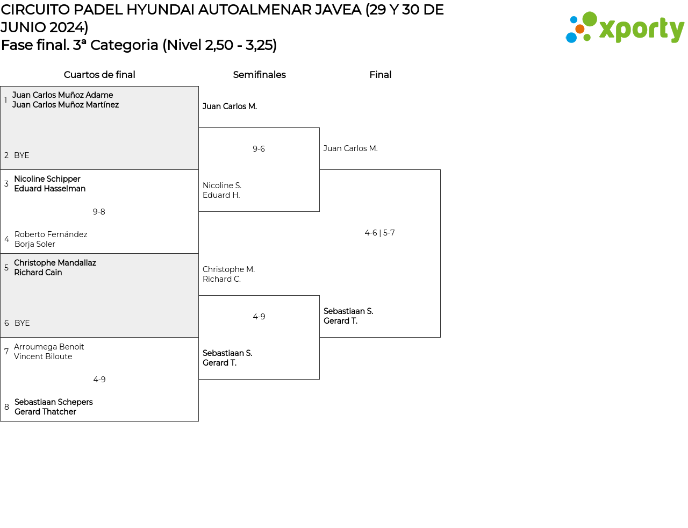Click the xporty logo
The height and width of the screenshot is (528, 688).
tap(625, 27)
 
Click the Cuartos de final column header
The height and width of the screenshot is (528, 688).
tap(99, 75)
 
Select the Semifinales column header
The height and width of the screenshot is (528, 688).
tap(259, 75)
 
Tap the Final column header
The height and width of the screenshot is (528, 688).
tap(380, 75)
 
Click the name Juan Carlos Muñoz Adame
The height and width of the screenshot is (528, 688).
tap(62, 95)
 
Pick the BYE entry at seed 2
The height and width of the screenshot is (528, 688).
tap(21, 155)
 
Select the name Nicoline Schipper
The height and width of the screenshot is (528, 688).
tap(47, 179)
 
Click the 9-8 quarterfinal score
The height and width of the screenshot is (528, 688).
tap(99, 212)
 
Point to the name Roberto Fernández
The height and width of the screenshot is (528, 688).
tap(51, 234)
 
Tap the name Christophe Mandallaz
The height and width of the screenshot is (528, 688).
tap(55, 263)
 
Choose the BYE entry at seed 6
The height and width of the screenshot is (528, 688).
tap(22, 323)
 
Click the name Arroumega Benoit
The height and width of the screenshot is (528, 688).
tap(49, 347)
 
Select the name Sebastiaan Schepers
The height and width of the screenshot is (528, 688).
tap(53, 402)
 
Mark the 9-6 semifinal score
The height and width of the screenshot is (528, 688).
tap(259, 149)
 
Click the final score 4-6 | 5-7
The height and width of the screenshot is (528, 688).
tap(379, 233)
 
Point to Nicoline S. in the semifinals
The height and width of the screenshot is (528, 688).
tap(222, 185)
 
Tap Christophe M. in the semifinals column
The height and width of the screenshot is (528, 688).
tap(228, 269)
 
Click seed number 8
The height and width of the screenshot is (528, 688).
tap(6, 407)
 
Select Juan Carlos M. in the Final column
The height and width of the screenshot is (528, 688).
tap(350, 148)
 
